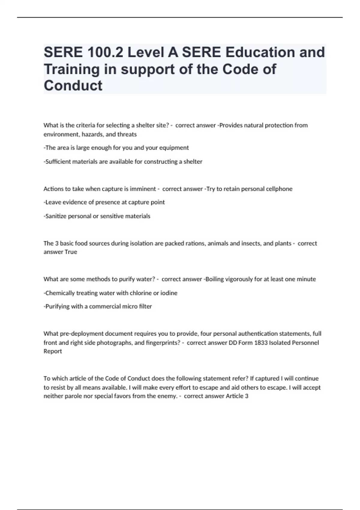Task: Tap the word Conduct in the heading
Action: (73, 85)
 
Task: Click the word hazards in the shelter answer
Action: (92, 134)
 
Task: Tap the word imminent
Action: (142, 189)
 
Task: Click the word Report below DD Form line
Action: (53, 351)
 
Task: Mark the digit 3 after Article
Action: (247, 396)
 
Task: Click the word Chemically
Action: (60, 293)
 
